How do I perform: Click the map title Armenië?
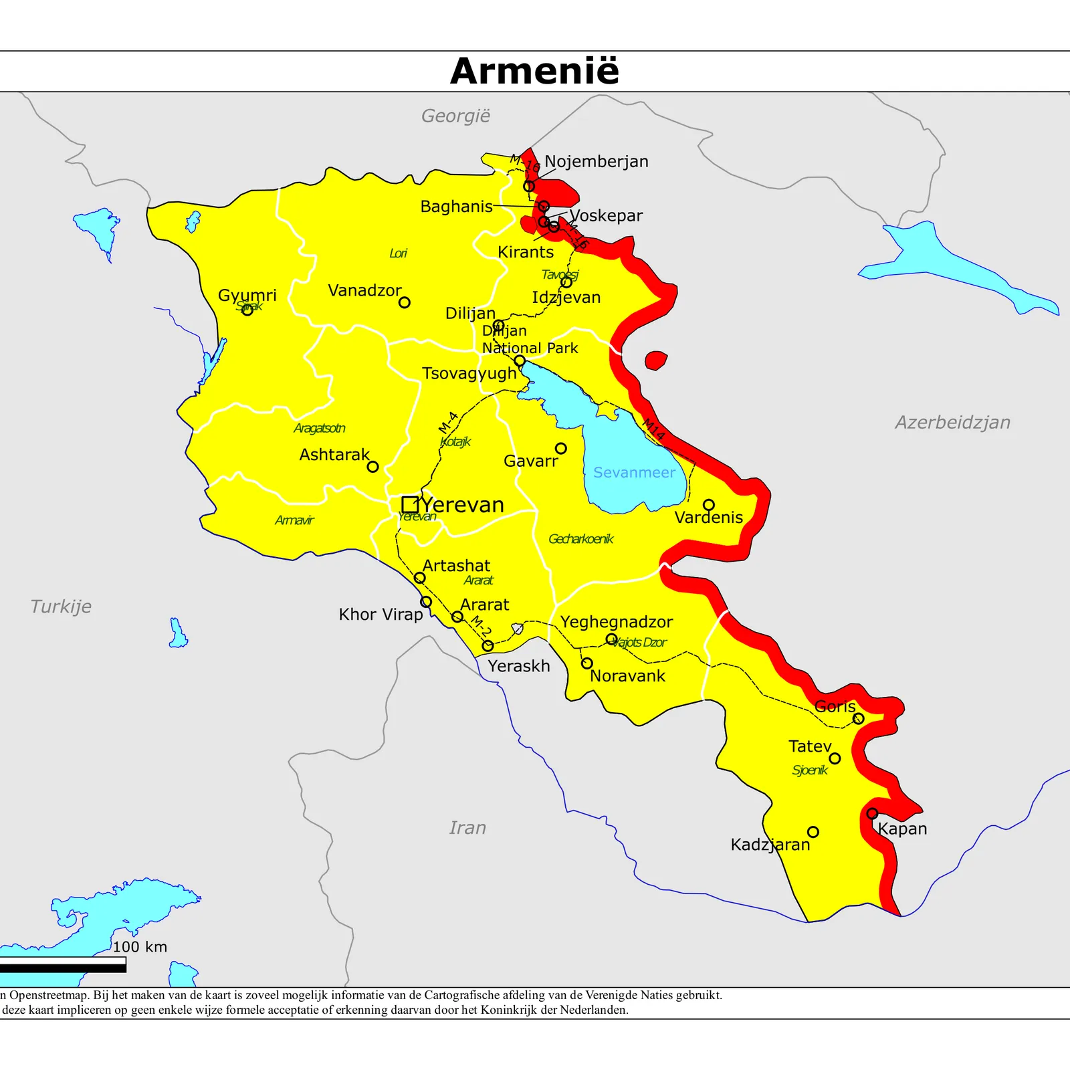(x=534, y=71)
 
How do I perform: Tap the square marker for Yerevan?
(x=410, y=504)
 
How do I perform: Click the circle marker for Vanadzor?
(x=404, y=302)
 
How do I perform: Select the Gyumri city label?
(x=247, y=295)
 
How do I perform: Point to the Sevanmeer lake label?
(x=634, y=473)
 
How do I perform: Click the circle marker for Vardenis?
(x=708, y=505)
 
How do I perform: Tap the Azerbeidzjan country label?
(x=952, y=423)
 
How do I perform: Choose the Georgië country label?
(x=455, y=116)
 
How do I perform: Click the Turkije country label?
(x=61, y=607)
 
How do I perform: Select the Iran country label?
(x=467, y=828)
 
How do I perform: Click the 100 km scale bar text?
(x=140, y=947)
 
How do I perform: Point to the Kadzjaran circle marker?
(x=813, y=832)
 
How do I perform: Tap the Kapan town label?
(x=902, y=829)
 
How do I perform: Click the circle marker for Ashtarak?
(x=372, y=467)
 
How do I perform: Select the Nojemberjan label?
(x=596, y=162)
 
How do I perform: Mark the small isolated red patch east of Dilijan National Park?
(x=656, y=360)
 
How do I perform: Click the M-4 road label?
(x=448, y=422)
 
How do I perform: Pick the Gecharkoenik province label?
(x=580, y=539)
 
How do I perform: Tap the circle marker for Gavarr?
(x=560, y=448)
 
